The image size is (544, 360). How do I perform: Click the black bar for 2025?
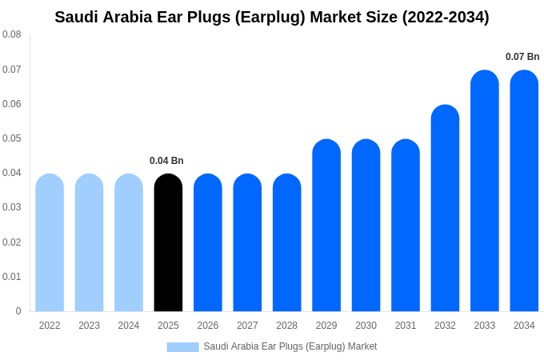click(168, 243)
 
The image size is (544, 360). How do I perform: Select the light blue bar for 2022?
click(50, 243)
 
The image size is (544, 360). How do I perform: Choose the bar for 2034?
click(524, 191)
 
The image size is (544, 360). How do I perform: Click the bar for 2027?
click(247, 243)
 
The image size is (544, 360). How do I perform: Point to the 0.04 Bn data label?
click(166, 161)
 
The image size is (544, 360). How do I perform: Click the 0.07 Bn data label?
click(522, 57)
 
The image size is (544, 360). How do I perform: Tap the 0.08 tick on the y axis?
click(12, 34)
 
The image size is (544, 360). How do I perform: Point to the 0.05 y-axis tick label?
click(12, 138)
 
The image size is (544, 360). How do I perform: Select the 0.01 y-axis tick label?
click(12, 277)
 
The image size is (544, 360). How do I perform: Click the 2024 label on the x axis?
click(129, 326)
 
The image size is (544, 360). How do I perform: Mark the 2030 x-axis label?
click(366, 326)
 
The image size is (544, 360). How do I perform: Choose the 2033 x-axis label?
click(484, 326)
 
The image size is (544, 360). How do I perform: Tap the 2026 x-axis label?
click(208, 326)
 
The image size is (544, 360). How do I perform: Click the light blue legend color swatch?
click(182, 347)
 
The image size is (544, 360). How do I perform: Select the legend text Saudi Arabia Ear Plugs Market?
click(290, 346)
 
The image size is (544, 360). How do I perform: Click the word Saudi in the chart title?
click(78, 17)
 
